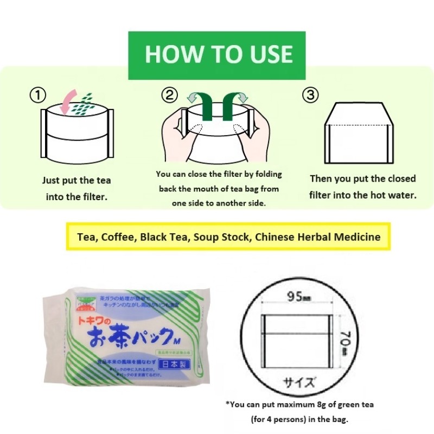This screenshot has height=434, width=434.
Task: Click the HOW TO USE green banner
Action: pos(217,55)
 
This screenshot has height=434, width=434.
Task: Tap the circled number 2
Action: pos(170,95)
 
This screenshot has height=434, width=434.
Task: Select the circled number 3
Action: pos(310,95)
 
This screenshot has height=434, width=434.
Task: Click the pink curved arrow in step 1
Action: pos(69,101)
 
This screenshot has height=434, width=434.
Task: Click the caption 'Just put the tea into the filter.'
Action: pos(77,189)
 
